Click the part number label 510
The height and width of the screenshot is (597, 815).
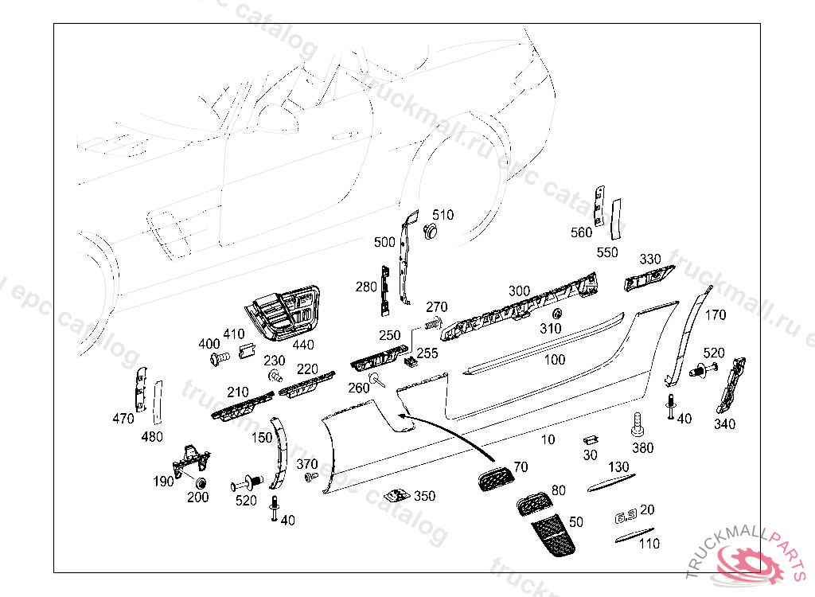(443, 215)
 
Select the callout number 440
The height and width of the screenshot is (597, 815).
(303, 345)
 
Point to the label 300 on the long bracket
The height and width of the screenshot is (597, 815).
(519, 291)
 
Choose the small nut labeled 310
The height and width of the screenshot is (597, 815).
(556, 312)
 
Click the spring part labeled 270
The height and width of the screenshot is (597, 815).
(433, 322)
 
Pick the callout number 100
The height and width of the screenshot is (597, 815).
(555, 360)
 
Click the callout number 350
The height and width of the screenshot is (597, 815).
(425, 496)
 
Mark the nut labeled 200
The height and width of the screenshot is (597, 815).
(200, 483)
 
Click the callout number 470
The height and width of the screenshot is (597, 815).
(123, 419)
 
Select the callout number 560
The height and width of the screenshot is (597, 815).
(582, 232)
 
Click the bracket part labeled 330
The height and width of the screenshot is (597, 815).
(648, 278)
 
